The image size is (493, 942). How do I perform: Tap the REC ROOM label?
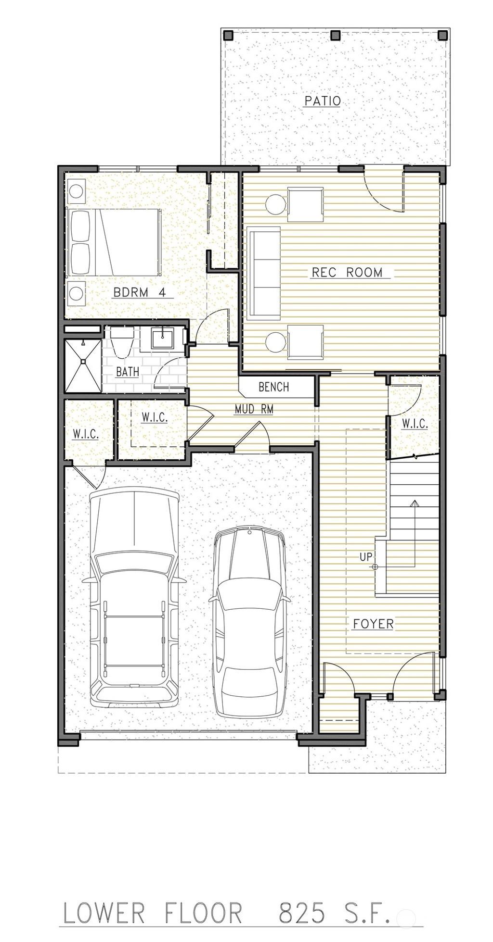[347, 272]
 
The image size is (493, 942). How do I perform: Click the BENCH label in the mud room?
[274, 387]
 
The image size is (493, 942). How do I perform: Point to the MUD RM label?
[254, 409]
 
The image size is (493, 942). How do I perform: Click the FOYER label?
[373, 624]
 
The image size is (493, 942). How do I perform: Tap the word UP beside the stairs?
[365, 557]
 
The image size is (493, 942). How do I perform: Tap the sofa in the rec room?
[263, 273]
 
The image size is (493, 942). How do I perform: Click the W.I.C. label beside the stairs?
[414, 424]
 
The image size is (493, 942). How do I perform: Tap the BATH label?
[128, 371]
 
